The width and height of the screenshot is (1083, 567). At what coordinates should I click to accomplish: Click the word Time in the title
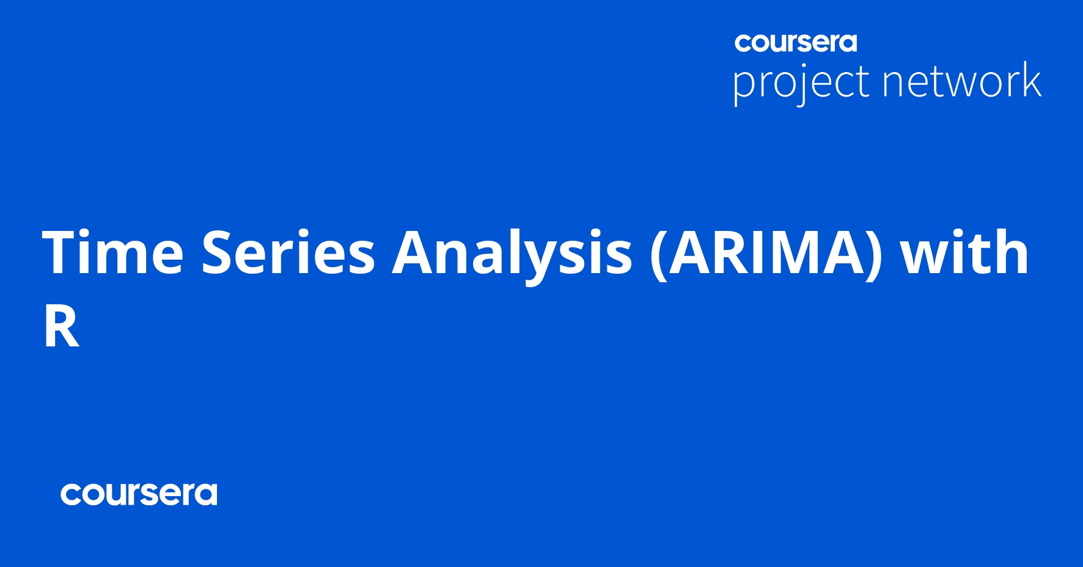click(x=113, y=252)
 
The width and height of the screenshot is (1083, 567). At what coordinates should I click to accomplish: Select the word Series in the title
click(x=288, y=252)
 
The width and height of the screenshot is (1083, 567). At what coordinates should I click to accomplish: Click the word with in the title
click(x=965, y=251)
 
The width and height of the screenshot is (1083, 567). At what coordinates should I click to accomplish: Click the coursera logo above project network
click(x=796, y=42)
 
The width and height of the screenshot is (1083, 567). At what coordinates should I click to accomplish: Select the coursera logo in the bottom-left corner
click(x=139, y=494)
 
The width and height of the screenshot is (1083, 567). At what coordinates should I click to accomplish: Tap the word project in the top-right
click(x=801, y=82)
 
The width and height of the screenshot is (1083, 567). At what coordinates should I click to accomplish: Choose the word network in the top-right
click(x=962, y=80)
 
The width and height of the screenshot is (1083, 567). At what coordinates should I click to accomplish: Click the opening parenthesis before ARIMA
click(x=658, y=255)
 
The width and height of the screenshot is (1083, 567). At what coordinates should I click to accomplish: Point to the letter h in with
click(x=1011, y=251)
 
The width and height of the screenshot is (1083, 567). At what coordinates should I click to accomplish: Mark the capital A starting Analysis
click(x=413, y=252)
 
